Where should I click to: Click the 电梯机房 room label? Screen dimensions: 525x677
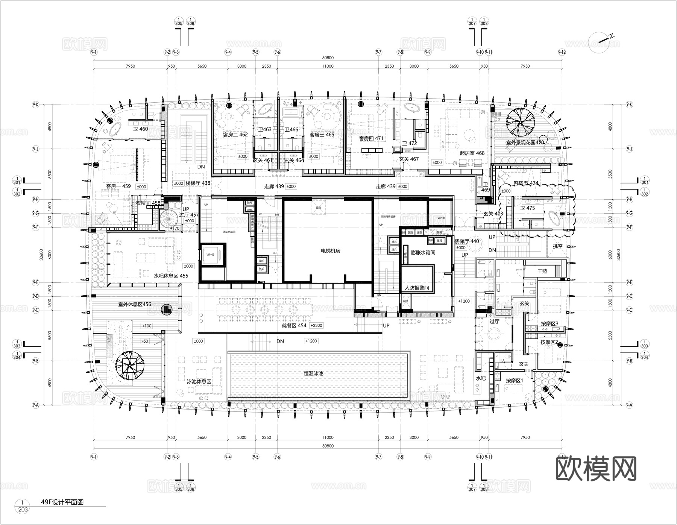[330, 251]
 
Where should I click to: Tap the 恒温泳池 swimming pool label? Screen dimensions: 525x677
[313, 374]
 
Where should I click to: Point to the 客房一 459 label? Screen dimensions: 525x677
[118, 186]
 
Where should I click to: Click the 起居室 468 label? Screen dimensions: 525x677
[472, 153]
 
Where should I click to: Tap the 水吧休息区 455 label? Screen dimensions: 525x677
[171, 276]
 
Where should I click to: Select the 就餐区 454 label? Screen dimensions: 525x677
[294, 326]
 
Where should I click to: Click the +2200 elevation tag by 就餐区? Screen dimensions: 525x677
[316, 326]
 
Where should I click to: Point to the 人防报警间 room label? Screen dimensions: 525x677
[416, 288]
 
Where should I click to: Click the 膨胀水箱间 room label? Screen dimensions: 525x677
[423, 253]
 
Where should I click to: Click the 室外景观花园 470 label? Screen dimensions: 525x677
[525, 143]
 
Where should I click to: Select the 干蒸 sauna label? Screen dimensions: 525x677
[542, 271]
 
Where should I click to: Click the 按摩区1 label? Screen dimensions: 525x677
[514, 381]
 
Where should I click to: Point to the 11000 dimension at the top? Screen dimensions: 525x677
[327, 66]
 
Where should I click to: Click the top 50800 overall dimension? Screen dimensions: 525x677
[327, 58]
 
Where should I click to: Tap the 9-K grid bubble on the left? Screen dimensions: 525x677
[35, 105]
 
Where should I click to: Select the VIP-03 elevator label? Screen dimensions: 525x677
[210, 255]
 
